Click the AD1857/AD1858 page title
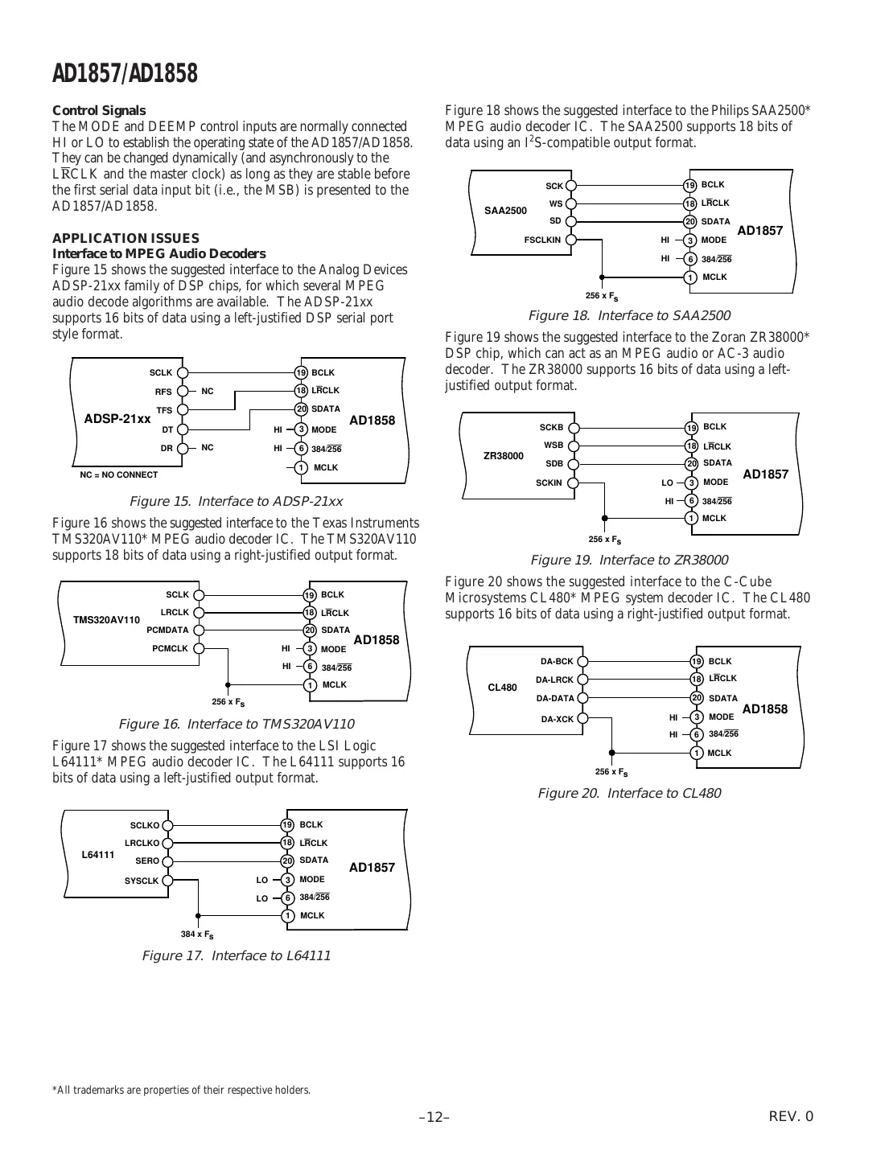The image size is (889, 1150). pos(125,74)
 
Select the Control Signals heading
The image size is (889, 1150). pos(99,110)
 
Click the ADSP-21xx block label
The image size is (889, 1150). pos(117,419)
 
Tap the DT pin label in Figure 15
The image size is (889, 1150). pos(167,429)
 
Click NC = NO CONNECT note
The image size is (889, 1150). pos(119,474)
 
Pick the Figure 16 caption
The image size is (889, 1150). pos(236,724)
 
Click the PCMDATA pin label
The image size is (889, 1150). pos(167,630)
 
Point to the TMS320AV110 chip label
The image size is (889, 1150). pos(106,620)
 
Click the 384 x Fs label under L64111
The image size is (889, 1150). pos(197,934)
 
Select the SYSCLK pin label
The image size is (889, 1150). pos(142,881)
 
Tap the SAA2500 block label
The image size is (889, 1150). pos(505,211)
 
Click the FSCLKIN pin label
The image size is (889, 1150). pos(542,240)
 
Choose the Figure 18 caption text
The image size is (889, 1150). pos(628,315)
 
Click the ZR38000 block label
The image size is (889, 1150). pos(504,456)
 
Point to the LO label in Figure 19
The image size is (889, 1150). pos(667,483)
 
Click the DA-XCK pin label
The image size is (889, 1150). pos(558,718)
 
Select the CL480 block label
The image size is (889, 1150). pos(503,688)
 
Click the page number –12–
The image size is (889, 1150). pos(434,1117)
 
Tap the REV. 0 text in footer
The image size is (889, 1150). pos(792,1116)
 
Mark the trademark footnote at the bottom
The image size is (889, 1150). pos(181,1090)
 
